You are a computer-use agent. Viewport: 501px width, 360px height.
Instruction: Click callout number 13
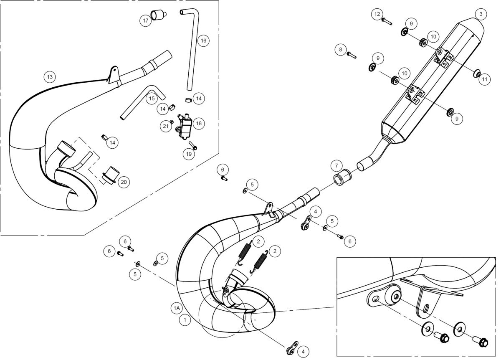pyautogui.click(x=50, y=77)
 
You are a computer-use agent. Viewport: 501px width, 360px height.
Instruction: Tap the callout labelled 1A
pyautogui.click(x=177, y=308)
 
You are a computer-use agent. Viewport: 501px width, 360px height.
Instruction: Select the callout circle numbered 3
pyautogui.click(x=481, y=14)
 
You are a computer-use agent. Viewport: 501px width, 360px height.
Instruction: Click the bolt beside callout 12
pyautogui.click(x=387, y=22)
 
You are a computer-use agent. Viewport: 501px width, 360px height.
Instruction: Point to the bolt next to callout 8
pyautogui.click(x=352, y=55)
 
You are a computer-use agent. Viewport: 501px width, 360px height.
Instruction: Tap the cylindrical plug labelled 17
pyautogui.click(x=159, y=15)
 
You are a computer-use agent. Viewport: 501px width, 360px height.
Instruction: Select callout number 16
pyautogui.click(x=203, y=41)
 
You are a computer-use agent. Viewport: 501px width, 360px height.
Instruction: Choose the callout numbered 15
pyautogui.click(x=152, y=99)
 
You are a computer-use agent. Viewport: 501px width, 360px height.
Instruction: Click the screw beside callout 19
pyautogui.click(x=193, y=145)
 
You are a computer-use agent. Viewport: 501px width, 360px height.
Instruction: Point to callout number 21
pyautogui.click(x=166, y=126)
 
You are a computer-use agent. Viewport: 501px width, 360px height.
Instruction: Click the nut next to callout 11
pyautogui.click(x=477, y=74)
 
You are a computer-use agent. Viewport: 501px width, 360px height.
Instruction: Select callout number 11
pyautogui.click(x=484, y=79)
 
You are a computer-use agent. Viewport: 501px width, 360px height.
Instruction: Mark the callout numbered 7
pyautogui.click(x=337, y=165)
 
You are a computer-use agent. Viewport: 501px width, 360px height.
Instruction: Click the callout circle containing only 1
pyautogui.click(x=185, y=320)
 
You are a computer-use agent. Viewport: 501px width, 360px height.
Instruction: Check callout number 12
pyautogui.click(x=377, y=14)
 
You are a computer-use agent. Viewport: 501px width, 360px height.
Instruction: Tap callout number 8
pyautogui.click(x=340, y=49)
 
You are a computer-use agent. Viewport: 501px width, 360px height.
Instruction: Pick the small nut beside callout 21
pyautogui.click(x=172, y=122)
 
